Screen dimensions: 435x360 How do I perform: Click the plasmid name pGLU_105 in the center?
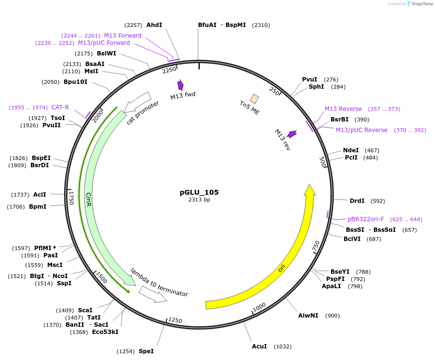coord(199,192)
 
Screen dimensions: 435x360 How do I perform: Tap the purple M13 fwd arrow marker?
coord(180,85)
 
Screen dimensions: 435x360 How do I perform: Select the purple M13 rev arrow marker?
coord(292,134)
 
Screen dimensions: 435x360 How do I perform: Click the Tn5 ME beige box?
coord(254,99)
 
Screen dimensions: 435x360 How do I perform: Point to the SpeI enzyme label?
coord(146,351)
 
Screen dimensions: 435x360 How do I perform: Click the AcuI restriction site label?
coord(259,347)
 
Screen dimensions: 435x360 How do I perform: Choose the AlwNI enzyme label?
coord(308,316)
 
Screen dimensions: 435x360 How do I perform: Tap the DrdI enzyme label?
coord(357,200)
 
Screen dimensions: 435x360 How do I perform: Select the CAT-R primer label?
coord(60,107)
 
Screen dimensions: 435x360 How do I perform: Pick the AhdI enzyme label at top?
coord(154,25)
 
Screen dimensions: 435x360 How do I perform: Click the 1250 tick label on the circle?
coord(175,321)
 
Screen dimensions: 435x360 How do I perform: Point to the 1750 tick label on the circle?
coord(71,197)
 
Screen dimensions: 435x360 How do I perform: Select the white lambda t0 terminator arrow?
coord(153,294)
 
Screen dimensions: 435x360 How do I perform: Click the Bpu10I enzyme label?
coord(76,82)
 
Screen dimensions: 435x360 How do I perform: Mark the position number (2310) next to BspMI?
coord(261,25)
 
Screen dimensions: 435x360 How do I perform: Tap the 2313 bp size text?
coord(199,200)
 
